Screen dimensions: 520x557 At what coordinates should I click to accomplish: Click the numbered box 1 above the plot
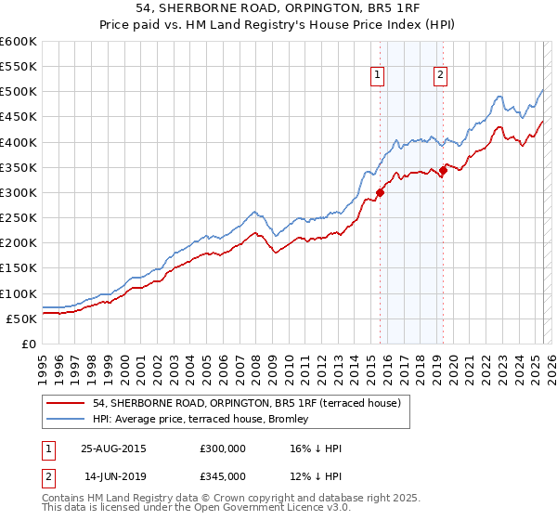pyautogui.click(x=379, y=77)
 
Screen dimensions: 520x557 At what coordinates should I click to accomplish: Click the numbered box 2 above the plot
pyautogui.click(x=440, y=77)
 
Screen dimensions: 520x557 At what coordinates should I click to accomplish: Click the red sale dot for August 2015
pyautogui.click(x=380, y=193)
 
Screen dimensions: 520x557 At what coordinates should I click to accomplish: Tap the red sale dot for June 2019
pyautogui.click(x=443, y=170)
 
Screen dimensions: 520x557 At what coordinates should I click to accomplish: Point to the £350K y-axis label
pyautogui.click(x=19, y=167)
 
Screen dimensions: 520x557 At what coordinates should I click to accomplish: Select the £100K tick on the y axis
pyautogui.click(x=19, y=293)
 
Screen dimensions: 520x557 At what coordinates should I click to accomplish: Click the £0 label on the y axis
pyautogui.click(x=29, y=344)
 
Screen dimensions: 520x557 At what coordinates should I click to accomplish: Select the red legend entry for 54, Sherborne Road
pyautogui.click(x=246, y=403)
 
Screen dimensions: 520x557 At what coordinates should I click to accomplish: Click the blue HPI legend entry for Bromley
pyautogui.click(x=205, y=421)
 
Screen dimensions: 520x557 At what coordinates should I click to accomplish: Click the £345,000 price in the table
pyautogui.click(x=223, y=476)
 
